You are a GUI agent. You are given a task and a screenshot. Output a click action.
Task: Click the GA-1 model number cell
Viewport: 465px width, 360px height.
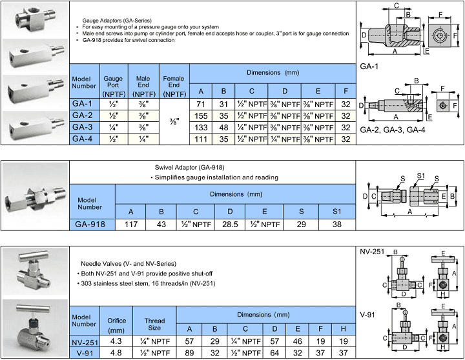point(84,104)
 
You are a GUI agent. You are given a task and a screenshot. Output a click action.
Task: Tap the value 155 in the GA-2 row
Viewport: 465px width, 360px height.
point(201,115)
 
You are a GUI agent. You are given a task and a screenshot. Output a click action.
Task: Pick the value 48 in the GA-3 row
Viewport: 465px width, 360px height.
point(223,127)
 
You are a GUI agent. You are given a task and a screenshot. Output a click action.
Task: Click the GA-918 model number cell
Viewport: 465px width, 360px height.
point(92,225)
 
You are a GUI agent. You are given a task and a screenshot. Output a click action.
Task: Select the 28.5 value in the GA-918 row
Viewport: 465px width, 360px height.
point(229,225)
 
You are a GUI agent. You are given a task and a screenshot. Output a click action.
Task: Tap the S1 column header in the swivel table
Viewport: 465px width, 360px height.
point(336,211)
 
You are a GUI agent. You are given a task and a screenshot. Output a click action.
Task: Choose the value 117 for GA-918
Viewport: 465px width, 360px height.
point(131,225)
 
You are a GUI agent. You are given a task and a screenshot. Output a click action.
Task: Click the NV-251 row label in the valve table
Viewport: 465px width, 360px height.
point(85,341)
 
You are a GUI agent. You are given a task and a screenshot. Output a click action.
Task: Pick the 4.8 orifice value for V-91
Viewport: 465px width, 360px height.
point(116,352)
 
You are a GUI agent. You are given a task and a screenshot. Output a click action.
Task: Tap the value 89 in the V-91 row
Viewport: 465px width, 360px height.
point(189,352)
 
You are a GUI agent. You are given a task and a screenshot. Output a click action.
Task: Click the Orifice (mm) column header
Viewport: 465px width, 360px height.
point(116,323)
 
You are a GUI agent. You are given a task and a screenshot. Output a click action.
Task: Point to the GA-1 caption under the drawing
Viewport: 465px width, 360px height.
point(368,66)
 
